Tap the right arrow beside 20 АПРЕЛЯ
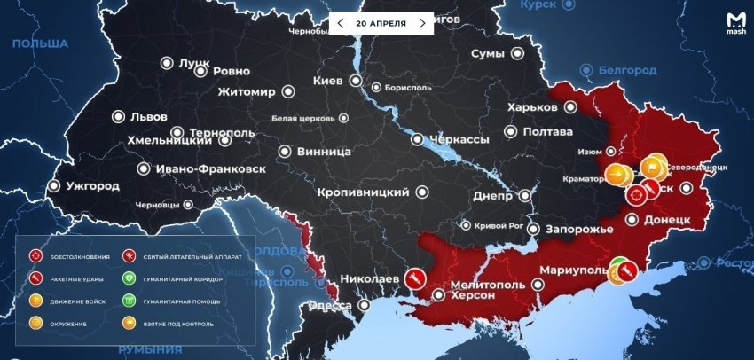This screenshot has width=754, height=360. coord(422,23)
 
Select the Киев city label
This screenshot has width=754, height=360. coord(328,81)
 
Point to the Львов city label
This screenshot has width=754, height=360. coord(149,116)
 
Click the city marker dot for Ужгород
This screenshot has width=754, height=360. coord(54,186)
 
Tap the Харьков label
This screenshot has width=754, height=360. coord(532,107)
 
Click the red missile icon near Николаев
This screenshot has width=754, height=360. coord(413,278)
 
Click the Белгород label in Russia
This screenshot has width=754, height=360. coord(625,70)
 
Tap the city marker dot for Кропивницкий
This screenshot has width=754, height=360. coord(423,192)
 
